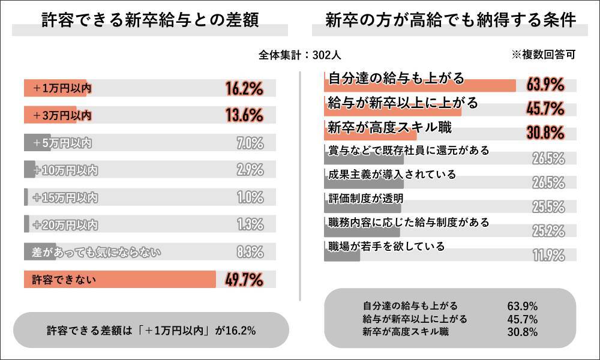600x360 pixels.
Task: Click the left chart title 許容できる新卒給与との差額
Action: (150, 20)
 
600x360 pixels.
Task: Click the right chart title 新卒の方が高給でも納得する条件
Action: (451, 20)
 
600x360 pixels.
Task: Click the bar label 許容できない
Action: (64, 280)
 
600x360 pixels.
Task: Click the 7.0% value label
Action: (250, 143)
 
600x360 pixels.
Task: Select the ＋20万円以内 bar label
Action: (65, 225)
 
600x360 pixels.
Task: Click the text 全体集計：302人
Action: (300, 55)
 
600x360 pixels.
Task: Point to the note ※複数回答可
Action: (543, 55)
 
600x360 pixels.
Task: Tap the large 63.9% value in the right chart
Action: (545, 85)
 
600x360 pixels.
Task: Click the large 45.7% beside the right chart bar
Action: (545, 109)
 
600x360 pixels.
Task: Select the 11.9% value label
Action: (548, 255)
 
